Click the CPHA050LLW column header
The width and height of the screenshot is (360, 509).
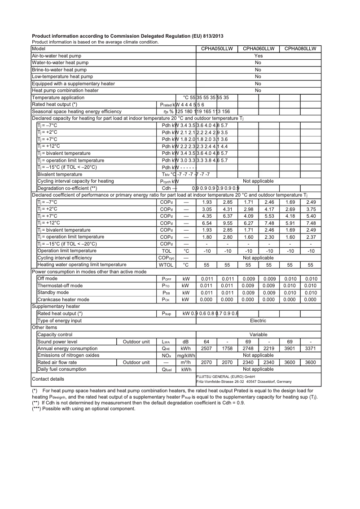pos(217,48)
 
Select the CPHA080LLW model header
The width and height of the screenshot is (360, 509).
pos(300,48)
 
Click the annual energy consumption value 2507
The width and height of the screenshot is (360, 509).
pos(206,348)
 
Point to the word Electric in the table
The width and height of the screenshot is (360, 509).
pos(258,320)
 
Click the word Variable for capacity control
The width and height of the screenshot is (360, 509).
pos(258,334)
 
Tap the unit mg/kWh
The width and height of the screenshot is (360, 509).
pos(186,355)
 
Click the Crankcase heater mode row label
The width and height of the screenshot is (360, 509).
pos(63,299)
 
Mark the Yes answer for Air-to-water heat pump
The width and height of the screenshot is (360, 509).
pos(258,56)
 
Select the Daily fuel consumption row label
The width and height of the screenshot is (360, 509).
pos(62,369)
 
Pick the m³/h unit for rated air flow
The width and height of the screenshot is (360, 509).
pos(186,362)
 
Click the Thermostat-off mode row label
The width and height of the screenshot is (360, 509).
pos(60,285)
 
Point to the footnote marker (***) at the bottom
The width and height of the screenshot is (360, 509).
pos(37,408)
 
